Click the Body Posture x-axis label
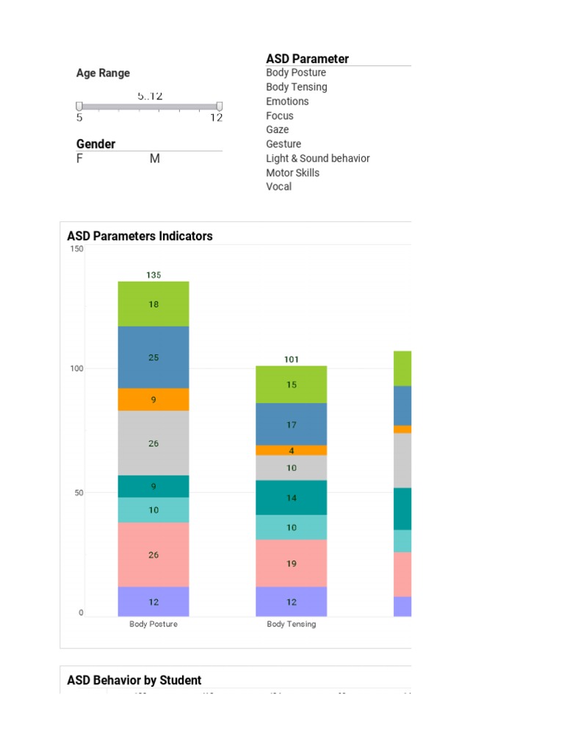pyautogui.click(x=153, y=624)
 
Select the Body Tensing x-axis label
pyautogui.click(x=292, y=624)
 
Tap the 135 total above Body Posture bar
pyautogui.click(x=153, y=275)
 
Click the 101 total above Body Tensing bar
pyautogui.click(x=292, y=360)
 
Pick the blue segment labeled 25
pyautogui.click(x=153, y=357)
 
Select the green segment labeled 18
pyautogui.click(x=153, y=304)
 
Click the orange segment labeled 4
pyautogui.click(x=292, y=450)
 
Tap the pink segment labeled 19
pyautogui.click(x=292, y=563)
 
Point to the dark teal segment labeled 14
pyautogui.click(x=292, y=498)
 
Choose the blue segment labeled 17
pyautogui.click(x=292, y=424)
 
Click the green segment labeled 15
pyautogui.click(x=292, y=385)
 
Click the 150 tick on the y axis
pyautogui.click(x=76, y=249)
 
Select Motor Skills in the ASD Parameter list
pyautogui.click(x=293, y=173)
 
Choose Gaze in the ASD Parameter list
pyautogui.click(x=278, y=129)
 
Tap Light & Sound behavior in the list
pyautogui.click(x=318, y=158)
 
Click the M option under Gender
pyautogui.click(x=155, y=159)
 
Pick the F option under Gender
pyautogui.click(x=79, y=159)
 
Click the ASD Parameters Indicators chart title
pyautogui.click(x=140, y=236)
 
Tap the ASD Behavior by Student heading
pyautogui.click(x=134, y=680)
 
